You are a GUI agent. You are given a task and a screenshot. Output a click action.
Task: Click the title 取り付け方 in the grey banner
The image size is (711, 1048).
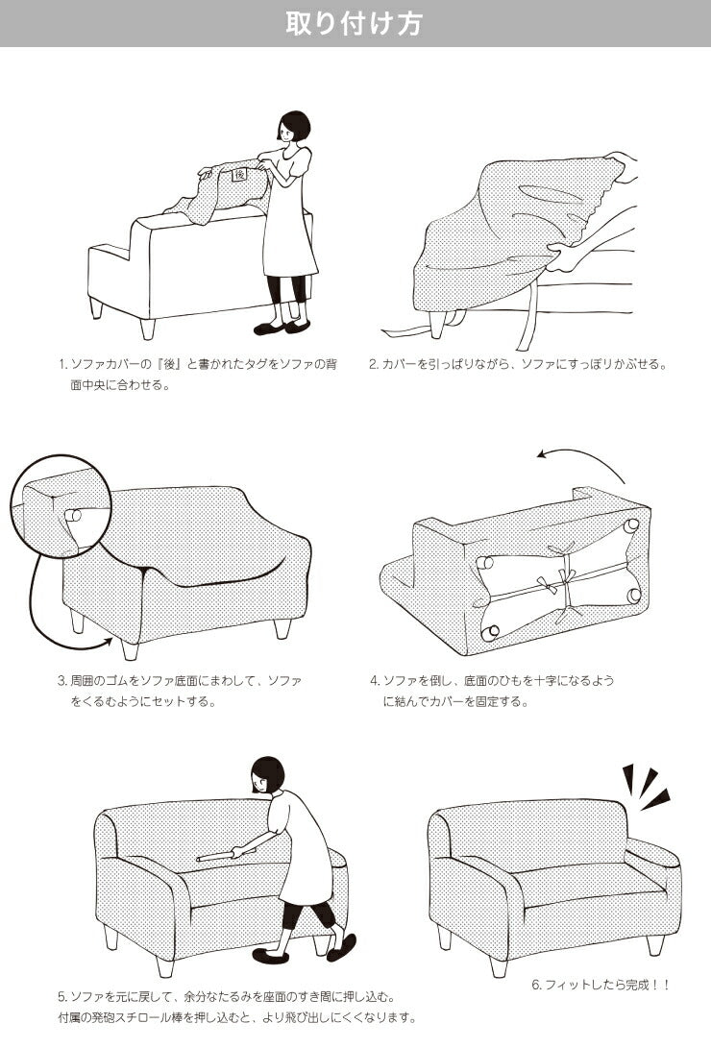(355, 23)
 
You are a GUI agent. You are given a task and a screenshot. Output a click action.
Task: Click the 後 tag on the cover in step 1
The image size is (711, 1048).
(240, 175)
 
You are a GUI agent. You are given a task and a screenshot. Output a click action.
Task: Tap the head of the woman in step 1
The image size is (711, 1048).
(293, 127)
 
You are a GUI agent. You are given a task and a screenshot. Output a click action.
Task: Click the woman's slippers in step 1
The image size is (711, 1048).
(282, 328)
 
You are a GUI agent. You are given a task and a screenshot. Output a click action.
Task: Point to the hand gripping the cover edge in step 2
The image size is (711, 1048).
(565, 256)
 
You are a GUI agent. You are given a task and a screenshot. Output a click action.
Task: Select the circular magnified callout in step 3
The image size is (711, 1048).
(61, 505)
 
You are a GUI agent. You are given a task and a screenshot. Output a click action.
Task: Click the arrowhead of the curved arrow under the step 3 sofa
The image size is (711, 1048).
(107, 643)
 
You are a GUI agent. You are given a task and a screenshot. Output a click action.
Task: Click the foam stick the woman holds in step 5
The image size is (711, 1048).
(226, 854)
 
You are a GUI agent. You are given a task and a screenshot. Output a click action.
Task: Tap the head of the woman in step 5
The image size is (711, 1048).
(268, 775)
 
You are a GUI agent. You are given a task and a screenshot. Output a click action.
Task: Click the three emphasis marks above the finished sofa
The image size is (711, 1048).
(645, 787)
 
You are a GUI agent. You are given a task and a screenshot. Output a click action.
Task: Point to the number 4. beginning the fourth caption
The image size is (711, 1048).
(375, 681)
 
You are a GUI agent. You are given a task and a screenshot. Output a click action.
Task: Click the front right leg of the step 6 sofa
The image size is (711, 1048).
(655, 943)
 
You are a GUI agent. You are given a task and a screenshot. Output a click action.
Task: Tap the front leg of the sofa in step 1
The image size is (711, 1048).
(148, 328)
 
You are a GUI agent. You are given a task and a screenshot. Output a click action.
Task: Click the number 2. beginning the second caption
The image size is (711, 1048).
(374, 365)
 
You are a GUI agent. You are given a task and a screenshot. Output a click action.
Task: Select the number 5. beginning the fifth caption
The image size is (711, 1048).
(62, 998)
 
